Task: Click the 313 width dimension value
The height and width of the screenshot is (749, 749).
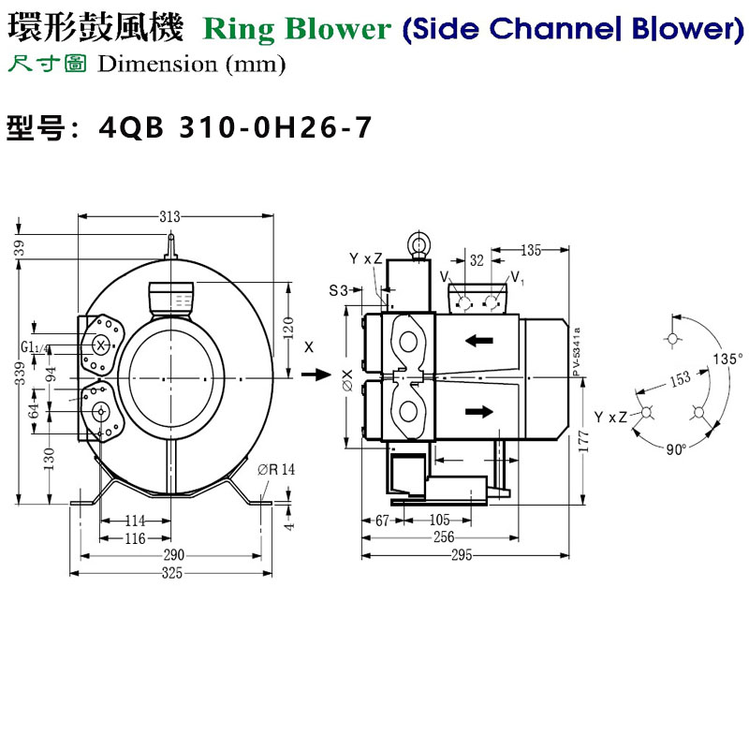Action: click(169, 217)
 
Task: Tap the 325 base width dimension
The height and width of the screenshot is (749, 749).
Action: click(171, 572)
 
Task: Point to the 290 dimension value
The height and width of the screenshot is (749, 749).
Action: click(171, 555)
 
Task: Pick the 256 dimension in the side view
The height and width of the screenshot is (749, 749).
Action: click(443, 537)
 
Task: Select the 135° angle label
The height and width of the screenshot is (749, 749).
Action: click(727, 358)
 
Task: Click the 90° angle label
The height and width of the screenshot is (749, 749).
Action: click(676, 448)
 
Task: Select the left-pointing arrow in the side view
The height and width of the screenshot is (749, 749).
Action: click(479, 341)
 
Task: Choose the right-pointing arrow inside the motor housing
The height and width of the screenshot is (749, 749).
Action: click(478, 410)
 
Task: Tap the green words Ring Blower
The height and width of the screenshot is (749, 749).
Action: click(297, 29)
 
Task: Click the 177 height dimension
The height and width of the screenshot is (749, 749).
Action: click(584, 440)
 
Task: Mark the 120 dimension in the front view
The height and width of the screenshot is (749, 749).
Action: click(289, 328)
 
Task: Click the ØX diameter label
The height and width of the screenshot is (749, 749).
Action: click(347, 379)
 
